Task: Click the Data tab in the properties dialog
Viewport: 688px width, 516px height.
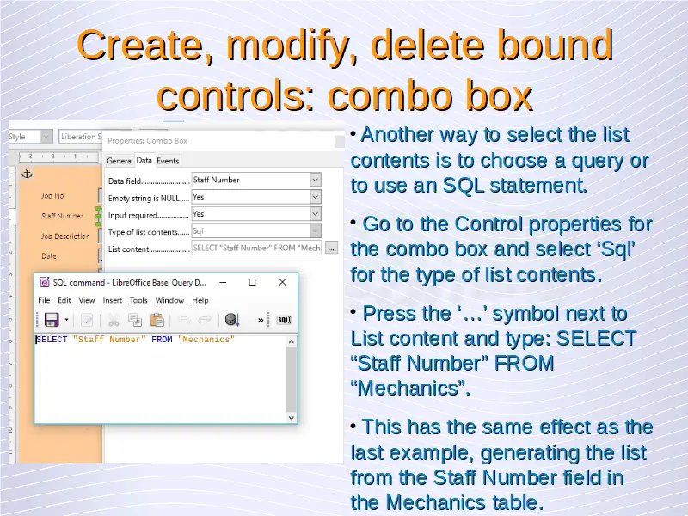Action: tap(144, 161)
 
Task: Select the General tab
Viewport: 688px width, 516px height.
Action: tap(120, 161)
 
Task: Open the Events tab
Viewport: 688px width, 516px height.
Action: tap(168, 161)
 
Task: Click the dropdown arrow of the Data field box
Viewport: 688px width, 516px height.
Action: tap(315, 180)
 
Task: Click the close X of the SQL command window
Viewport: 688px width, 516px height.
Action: tap(283, 282)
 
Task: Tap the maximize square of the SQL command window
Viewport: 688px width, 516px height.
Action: tap(252, 282)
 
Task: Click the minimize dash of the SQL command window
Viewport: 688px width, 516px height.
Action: tap(223, 283)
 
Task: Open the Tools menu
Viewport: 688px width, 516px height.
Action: tap(138, 300)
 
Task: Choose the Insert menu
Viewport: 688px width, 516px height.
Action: tap(113, 300)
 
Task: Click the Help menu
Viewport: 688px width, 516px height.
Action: tap(200, 300)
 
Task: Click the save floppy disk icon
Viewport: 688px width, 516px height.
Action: tap(52, 320)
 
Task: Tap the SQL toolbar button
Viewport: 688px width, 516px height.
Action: tap(284, 320)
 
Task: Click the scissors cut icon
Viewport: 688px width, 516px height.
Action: tap(114, 320)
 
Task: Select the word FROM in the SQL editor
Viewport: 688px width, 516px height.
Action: tap(162, 339)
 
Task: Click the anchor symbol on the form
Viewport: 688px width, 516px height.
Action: tap(28, 174)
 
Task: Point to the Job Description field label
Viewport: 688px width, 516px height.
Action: tap(65, 236)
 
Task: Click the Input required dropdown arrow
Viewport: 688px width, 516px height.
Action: tap(315, 214)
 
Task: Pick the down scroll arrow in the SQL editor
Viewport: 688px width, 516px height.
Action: tap(292, 418)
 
